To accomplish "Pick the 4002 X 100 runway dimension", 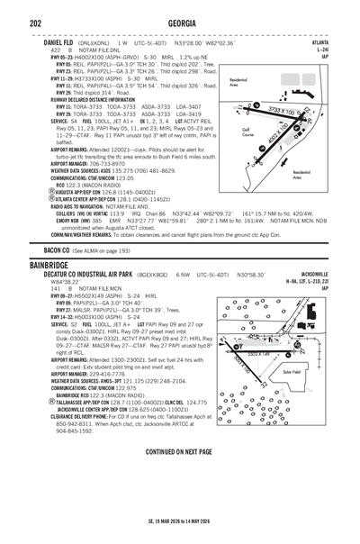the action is coord(275,141).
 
